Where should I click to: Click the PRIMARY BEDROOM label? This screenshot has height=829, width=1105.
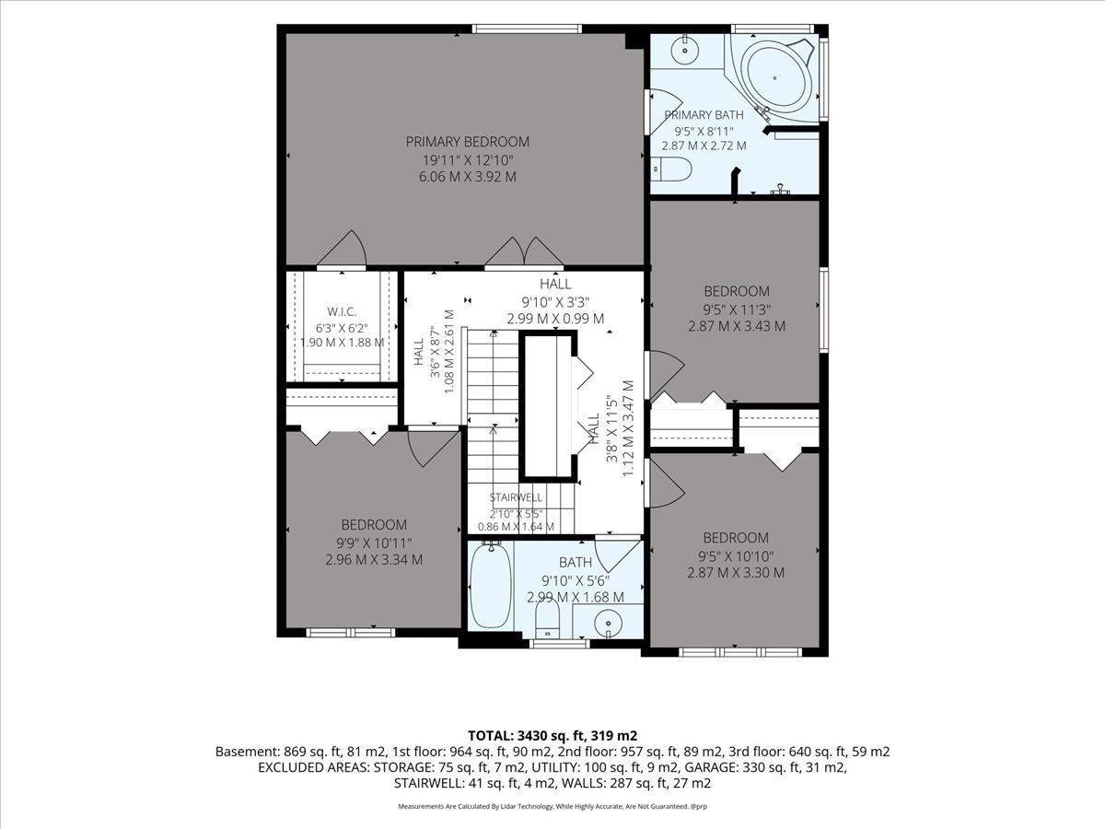(x=467, y=142)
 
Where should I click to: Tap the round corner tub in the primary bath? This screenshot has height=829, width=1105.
(x=774, y=78)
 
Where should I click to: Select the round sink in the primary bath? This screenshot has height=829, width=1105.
(x=685, y=50)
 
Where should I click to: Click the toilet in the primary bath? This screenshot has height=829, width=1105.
(x=671, y=169)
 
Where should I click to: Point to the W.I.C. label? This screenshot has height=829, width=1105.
(x=342, y=312)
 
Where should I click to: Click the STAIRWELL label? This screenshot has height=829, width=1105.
(x=516, y=497)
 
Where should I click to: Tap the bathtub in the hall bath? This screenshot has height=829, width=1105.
(x=490, y=586)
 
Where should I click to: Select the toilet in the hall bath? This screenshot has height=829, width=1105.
(x=547, y=620)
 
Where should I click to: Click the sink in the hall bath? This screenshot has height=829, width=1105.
(x=608, y=624)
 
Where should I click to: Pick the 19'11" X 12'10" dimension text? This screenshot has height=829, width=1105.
(x=467, y=160)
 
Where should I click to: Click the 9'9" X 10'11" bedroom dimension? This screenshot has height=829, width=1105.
(x=374, y=543)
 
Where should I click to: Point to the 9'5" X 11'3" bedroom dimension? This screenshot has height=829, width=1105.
(x=737, y=309)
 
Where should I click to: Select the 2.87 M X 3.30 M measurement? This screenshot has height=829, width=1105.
(x=736, y=573)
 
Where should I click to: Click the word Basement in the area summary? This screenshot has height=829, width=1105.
(x=247, y=752)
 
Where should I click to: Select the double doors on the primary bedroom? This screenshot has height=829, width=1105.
(x=524, y=251)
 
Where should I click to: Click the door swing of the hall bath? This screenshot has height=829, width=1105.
(x=618, y=555)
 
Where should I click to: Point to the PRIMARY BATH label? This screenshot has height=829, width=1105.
(x=704, y=115)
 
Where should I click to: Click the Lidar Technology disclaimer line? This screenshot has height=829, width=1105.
(x=552, y=806)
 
